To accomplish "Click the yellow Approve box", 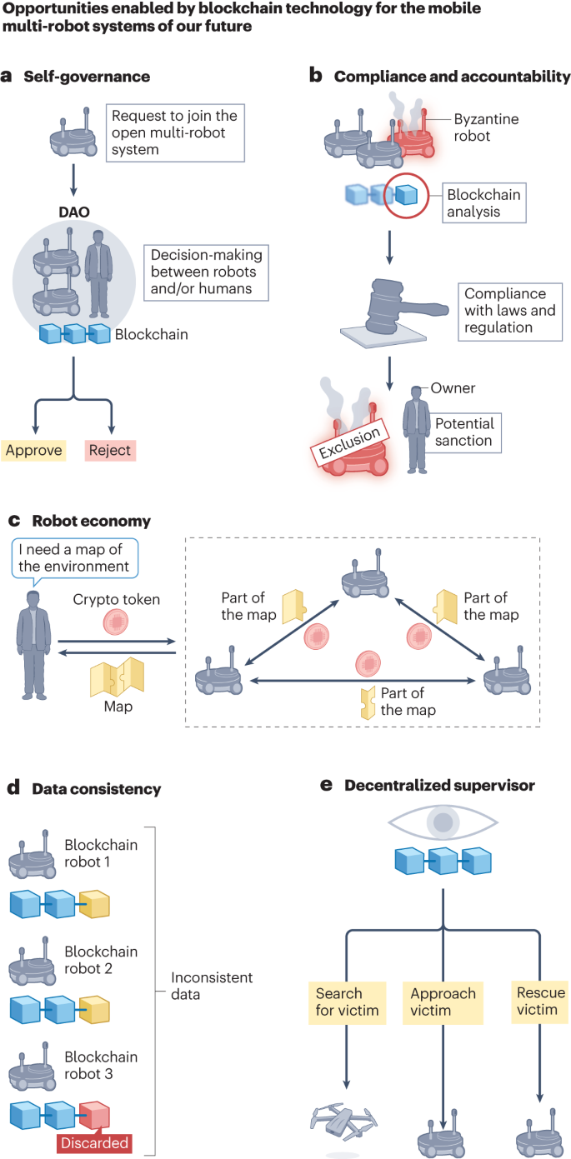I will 33,451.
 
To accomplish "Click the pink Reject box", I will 109,451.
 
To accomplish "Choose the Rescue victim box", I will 541,1003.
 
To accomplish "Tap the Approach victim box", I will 443,1003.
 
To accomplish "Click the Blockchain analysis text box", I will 484,202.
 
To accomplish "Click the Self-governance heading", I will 87,77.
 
